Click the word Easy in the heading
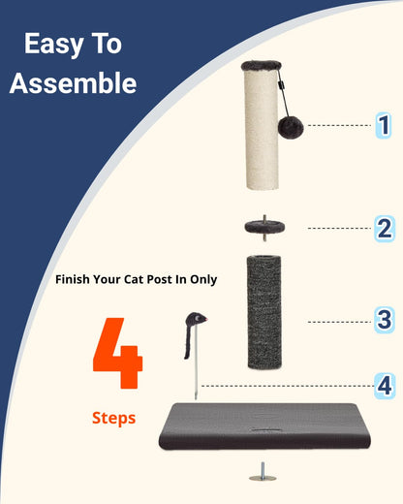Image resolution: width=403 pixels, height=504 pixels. (54, 45)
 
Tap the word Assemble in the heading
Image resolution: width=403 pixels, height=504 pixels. (73, 83)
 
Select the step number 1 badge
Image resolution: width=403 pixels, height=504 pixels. (384, 125)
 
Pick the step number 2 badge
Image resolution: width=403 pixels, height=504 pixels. (385, 229)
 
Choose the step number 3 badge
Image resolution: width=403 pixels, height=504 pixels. (385, 320)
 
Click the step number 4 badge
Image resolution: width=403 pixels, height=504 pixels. (385, 386)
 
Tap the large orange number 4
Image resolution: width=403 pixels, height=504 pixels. (117, 353)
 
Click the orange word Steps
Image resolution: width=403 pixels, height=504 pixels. (113, 419)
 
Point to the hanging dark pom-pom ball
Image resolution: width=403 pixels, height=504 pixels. (291, 128)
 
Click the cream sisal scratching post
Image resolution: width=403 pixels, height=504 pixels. (262, 129)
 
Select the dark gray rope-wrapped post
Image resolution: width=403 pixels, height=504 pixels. (264, 312)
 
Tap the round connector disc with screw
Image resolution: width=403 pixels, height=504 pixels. (264, 228)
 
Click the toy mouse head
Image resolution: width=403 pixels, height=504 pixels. (197, 319)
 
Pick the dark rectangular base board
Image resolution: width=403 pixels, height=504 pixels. (264, 425)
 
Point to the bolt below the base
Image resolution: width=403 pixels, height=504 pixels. (263, 472)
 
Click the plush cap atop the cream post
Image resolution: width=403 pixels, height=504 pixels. (262, 66)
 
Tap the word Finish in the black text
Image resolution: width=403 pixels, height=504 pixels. (73, 279)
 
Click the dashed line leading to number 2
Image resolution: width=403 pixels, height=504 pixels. (339, 229)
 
